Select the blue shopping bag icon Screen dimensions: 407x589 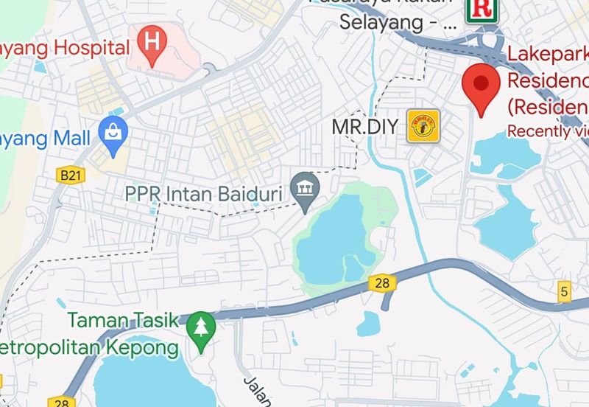click(113, 135)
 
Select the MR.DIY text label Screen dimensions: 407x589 click(367, 126)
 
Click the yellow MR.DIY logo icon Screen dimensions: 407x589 click(423, 126)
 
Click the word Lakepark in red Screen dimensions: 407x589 click(548, 55)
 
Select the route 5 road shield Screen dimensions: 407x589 click(564, 291)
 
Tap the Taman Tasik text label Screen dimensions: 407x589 click(123, 320)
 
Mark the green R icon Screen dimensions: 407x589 click(482, 9)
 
